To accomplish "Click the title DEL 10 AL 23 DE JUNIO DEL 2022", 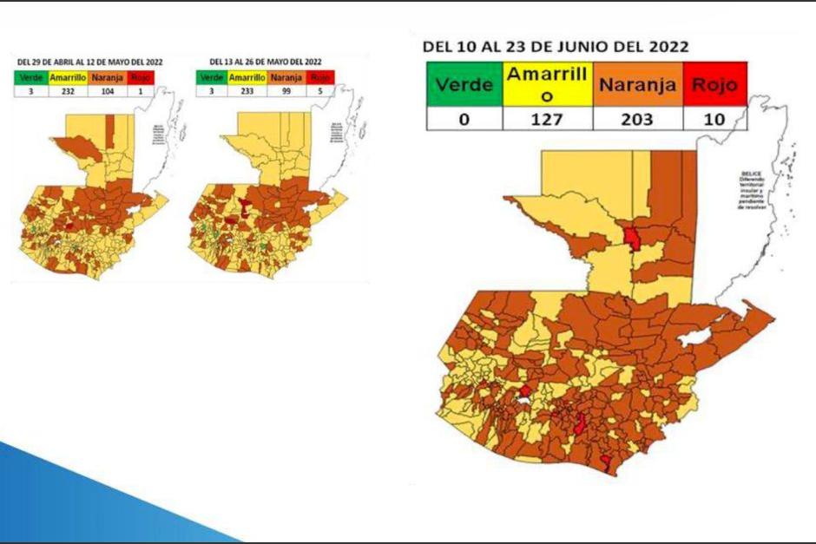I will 556,47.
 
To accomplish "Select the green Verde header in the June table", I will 464,85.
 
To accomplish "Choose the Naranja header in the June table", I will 637,85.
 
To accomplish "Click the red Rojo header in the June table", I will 715,85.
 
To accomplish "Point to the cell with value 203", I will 637,119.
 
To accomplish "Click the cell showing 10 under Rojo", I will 715,119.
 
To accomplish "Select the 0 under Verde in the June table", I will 464,119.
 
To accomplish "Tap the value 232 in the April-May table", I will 67,89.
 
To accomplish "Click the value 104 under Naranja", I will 108,89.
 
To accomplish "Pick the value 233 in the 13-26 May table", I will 247,89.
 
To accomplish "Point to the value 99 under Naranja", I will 286,89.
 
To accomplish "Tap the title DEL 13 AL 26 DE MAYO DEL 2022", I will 266,62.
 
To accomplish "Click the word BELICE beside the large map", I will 751,174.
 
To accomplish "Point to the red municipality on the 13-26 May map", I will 247,206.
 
